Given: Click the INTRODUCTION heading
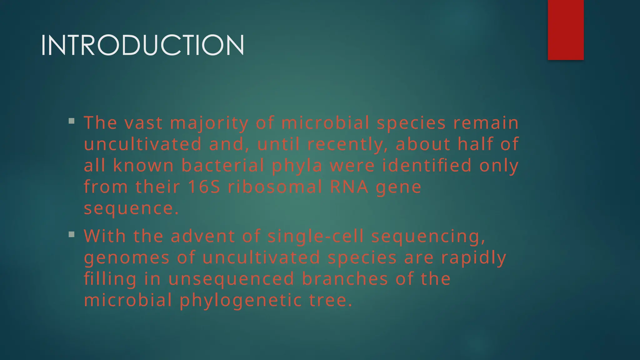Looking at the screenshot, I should point(142,46).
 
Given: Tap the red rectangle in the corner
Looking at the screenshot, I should point(566,30).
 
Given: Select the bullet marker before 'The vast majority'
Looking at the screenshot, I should point(72,121).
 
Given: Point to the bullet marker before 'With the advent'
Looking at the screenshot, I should point(72,234).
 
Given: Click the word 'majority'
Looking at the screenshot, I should point(209,123).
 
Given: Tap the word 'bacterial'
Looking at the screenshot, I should point(223,165).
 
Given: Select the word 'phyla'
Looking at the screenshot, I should point(297,166).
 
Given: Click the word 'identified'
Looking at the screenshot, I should point(427,165).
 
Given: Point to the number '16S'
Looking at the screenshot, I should point(204,187).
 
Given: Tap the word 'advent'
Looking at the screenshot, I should point(203,236).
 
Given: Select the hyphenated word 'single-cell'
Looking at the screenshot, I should point(316,236).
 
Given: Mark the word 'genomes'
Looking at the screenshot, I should point(127,258).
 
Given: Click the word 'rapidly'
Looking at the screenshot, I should point(474,258).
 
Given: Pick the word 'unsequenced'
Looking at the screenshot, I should point(231,279).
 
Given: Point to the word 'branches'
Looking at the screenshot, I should point(345,279).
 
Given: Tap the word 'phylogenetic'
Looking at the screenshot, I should point(241,301).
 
